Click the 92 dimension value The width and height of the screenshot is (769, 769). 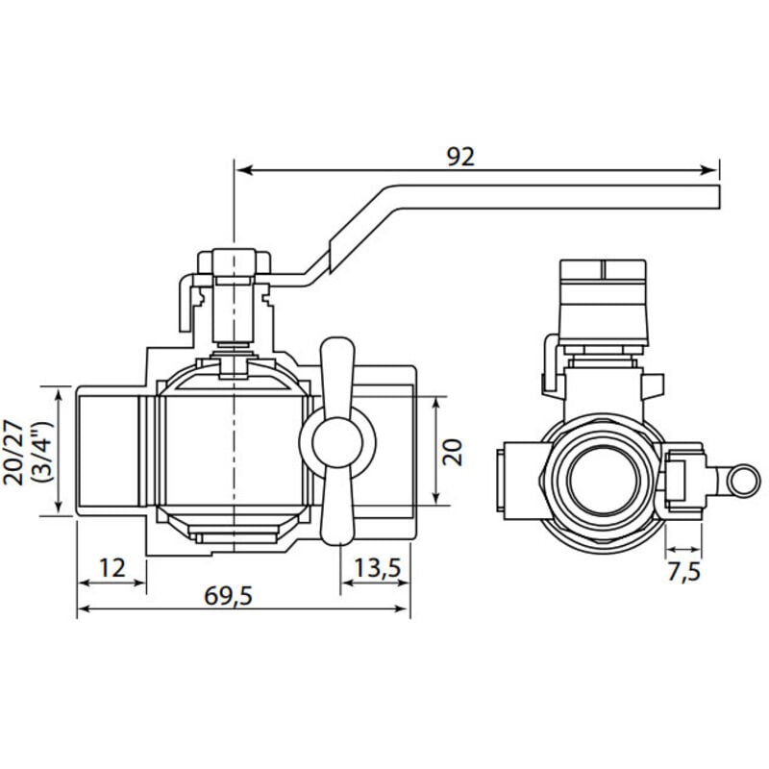(460, 157)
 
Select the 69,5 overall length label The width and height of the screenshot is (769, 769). (228, 596)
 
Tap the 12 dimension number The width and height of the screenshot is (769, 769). (112, 568)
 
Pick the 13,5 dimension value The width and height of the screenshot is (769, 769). (377, 568)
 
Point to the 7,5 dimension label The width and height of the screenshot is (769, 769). (684, 572)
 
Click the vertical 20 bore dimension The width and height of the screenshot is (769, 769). (452, 452)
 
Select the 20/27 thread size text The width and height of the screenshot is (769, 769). (13, 452)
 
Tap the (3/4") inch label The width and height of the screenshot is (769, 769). (41, 452)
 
